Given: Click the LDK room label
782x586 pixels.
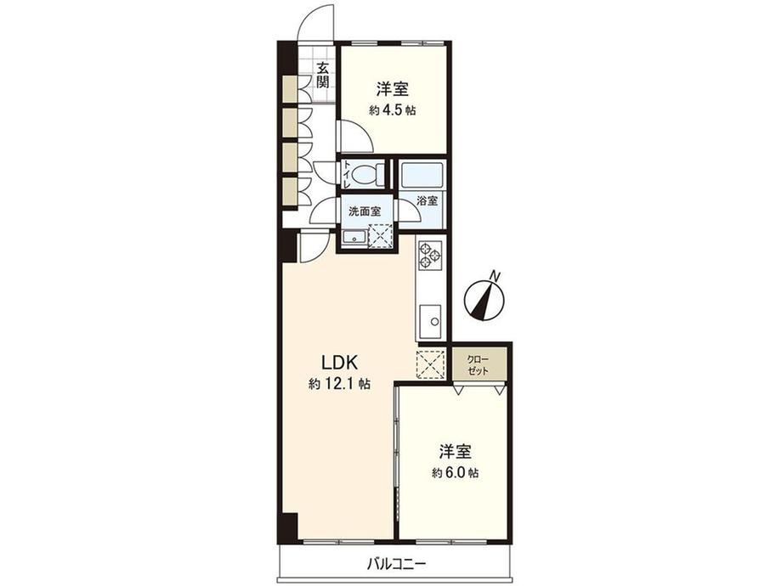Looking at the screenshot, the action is pos(340,363).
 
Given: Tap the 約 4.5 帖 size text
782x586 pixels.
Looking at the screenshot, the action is pos(392,110).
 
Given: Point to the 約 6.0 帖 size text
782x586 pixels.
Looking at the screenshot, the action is pos(455,473).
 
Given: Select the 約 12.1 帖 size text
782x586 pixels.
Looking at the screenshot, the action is pos(339,384).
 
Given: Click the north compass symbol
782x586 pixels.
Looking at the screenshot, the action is pos(484,300).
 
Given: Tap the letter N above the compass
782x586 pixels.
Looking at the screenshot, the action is pos(495,275).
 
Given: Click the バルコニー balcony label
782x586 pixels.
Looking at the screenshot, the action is pos(397,565).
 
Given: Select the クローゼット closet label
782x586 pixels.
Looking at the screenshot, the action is pos(478,365).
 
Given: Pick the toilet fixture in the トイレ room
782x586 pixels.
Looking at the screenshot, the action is pos(367,174).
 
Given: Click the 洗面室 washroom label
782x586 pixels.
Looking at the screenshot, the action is pos(365,211).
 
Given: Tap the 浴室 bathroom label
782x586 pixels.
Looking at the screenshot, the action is pos(428,200).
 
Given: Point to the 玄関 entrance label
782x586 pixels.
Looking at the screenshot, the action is pos(323,75).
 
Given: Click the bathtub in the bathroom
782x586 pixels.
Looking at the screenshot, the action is pos(422,174).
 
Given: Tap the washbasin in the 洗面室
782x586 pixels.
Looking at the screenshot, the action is pos(354,238).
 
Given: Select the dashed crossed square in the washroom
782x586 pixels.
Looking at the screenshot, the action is pos(381,236).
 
